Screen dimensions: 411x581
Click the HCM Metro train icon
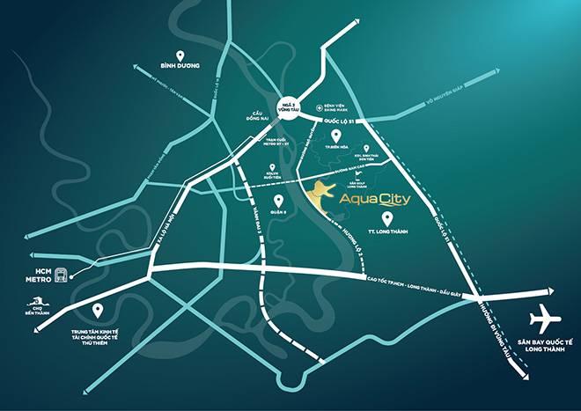pyautogui.click(x=62, y=274)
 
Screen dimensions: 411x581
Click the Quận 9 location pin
pyautogui.click(x=265, y=199)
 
